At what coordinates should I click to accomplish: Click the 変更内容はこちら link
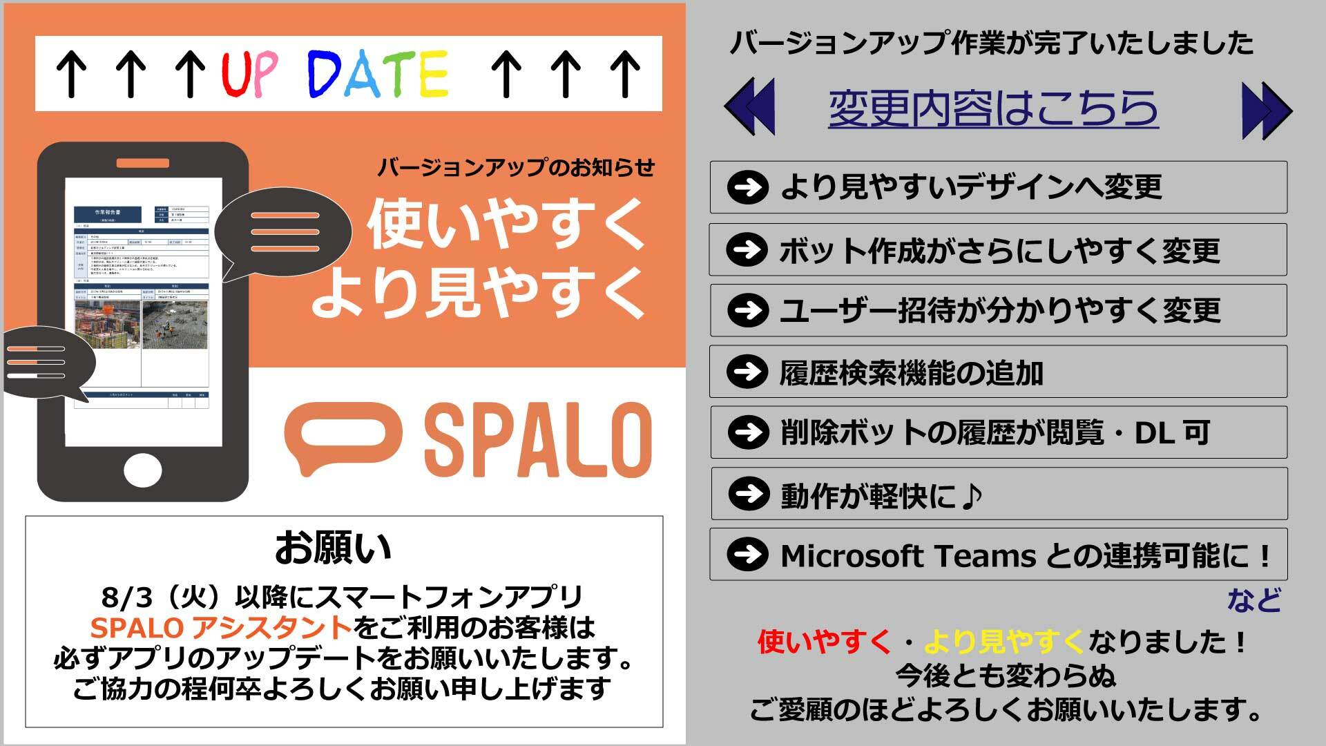point(993,109)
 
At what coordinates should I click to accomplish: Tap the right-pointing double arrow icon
point(1266,111)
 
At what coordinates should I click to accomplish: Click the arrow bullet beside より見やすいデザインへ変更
point(747,187)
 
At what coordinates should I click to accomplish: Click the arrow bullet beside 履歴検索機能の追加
point(747,372)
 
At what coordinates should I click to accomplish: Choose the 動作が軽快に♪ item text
point(881,495)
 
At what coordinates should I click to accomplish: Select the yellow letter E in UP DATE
point(434,74)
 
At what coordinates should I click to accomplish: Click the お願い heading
point(333,548)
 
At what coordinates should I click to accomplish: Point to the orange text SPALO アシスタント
point(220,628)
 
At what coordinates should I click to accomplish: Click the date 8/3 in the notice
point(122,597)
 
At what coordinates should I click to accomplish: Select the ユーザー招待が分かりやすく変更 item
point(1000,312)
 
